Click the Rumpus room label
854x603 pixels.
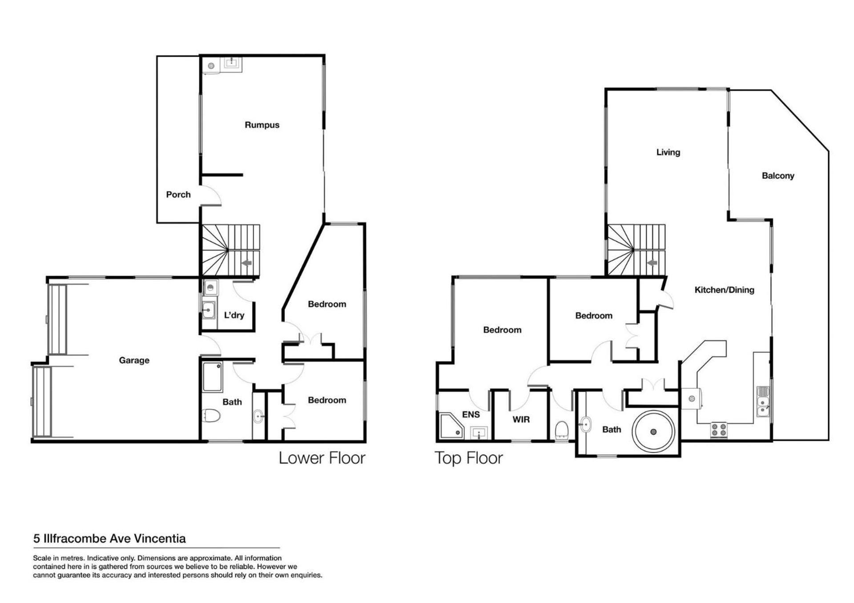pyautogui.click(x=262, y=125)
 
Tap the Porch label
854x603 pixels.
pyautogui.click(x=178, y=194)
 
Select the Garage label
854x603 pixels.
pyautogui.click(x=134, y=360)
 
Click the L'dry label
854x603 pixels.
pyautogui.click(x=234, y=315)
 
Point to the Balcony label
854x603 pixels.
pyautogui.click(x=778, y=176)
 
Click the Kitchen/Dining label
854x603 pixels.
pyautogui.click(x=724, y=290)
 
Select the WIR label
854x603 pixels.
pyautogui.click(x=521, y=419)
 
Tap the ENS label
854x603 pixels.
pyautogui.click(x=471, y=415)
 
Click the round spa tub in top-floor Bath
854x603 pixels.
pyautogui.click(x=653, y=431)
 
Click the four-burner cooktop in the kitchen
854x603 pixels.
pyautogui.click(x=719, y=430)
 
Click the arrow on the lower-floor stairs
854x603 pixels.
pyautogui.click(x=246, y=263)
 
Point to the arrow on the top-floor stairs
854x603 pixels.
pyautogui.click(x=652, y=263)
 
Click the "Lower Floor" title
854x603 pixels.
pyautogui.click(x=322, y=458)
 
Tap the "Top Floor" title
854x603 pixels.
pyautogui.click(x=469, y=458)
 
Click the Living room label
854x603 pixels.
pyautogui.click(x=668, y=152)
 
